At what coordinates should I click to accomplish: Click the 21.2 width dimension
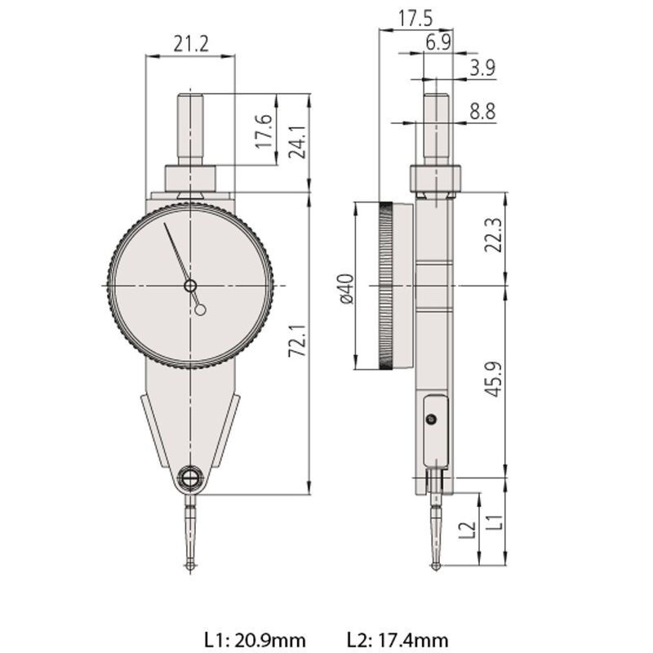tap(189, 43)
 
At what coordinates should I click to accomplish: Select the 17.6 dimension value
tap(263, 131)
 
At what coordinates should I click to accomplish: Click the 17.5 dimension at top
tap(416, 18)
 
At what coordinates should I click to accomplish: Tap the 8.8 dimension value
tap(482, 113)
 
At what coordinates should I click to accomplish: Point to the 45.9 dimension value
tap(491, 381)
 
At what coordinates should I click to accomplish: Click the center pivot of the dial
tap(190, 285)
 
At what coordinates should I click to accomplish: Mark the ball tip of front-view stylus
tap(190, 565)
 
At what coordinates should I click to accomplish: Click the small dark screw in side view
tap(431, 419)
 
